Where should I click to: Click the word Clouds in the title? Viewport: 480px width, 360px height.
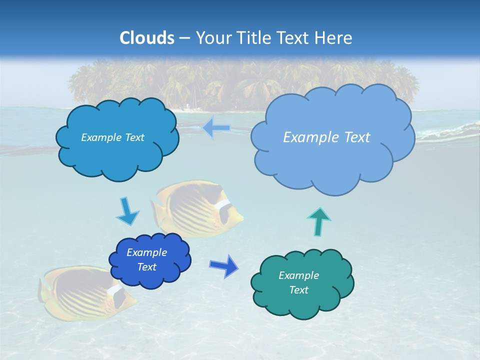click(x=147, y=38)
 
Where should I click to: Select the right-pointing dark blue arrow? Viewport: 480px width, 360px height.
click(x=224, y=265)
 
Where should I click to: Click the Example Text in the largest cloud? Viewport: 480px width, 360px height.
click(x=326, y=137)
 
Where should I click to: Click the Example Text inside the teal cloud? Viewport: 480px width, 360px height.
click(x=298, y=282)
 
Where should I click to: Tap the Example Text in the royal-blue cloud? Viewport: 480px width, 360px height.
click(x=146, y=259)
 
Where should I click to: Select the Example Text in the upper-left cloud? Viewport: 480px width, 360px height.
click(x=112, y=137)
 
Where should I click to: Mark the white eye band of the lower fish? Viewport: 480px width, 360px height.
click(x=115, y=291)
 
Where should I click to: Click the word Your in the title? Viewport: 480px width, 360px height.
click(x=211, y=38)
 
